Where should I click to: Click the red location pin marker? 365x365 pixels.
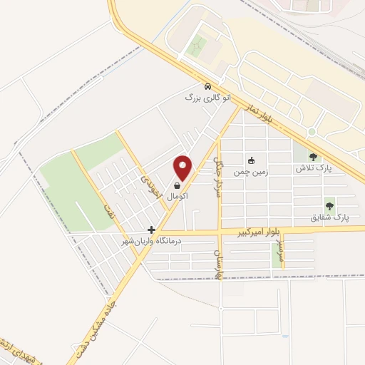[x=184, y=168]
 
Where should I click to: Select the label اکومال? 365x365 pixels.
[x=178, y=195]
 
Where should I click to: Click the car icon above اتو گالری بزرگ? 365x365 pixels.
[x=207, y=86]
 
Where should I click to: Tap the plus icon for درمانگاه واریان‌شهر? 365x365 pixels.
[x=151, y=230]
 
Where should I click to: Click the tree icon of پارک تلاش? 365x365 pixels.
[x=313, y=157]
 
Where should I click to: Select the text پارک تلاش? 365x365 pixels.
[x=317, y=168]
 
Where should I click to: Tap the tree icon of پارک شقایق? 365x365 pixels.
[x=329, y=205]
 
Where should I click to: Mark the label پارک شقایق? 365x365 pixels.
[x=331, y=217]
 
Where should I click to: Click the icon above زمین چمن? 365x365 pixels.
[x=250, y=160]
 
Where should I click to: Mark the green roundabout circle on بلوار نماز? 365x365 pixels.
[x=312, y=133]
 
